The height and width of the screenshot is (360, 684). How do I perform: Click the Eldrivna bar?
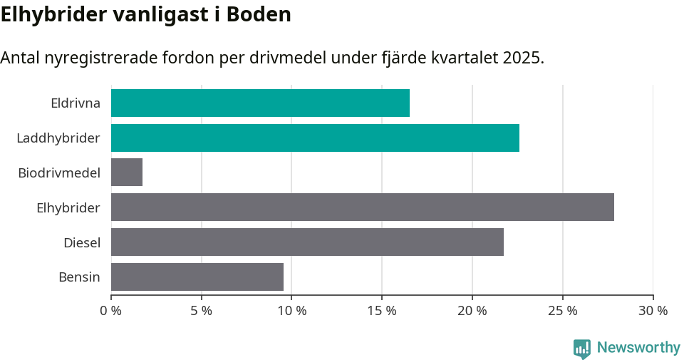coord(260,103)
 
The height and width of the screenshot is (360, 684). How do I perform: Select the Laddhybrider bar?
coord(315,138)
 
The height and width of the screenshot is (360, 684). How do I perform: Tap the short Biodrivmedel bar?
coord(127,173)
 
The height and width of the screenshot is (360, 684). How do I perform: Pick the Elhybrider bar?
coord(362,207)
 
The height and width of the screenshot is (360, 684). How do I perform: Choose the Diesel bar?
coord(307,242)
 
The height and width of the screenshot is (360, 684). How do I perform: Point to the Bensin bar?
coord(197,277)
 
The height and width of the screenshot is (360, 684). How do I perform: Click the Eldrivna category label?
coord(76,103)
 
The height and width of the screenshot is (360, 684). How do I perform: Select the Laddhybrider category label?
coord(58,138)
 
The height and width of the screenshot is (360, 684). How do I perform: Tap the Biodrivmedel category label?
coord(59,173)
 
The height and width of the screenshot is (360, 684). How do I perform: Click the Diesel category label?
coord(82,242)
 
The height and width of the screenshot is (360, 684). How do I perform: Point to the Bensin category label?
coord(79,277)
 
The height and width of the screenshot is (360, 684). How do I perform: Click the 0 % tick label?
coord(111,311)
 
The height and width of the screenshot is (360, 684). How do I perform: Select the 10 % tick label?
coord(292,311)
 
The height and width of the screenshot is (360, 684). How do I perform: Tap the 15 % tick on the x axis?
coord(382,311)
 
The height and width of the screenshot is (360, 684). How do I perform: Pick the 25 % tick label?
coord(563,311)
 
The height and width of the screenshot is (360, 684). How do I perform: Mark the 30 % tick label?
coord(653,311)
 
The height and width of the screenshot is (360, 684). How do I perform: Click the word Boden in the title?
coord(259,14)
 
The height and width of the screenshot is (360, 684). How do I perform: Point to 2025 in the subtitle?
coord(521,58)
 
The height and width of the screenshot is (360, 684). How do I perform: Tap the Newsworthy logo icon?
coord(582,349)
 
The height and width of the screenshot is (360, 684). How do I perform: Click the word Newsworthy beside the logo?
coord(638,348)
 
